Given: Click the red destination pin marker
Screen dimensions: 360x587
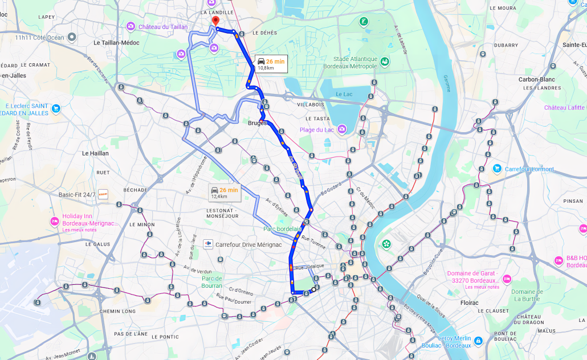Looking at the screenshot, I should point(215,21).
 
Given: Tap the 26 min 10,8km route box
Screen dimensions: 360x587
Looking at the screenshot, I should point(270,64).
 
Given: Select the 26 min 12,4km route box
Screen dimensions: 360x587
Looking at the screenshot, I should point(225,193).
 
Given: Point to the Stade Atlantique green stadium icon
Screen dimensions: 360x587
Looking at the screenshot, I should point(385,62).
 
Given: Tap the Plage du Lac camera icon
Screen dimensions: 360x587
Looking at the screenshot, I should point(341,130).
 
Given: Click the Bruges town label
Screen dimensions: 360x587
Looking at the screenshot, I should point(258,122).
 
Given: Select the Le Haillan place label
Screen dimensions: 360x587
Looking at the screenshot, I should point(95,153).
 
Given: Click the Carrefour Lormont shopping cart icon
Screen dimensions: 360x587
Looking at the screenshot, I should point(497,169).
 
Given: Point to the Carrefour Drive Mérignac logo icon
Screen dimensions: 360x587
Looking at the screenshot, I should point(208,244).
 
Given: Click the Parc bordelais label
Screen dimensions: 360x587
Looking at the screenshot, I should point(282,229).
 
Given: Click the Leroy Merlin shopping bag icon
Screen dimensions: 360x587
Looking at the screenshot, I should point(478,341).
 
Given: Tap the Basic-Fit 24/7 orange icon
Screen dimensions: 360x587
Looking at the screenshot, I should point(103,194).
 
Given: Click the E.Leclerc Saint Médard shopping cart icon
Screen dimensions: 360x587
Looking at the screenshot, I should point(55,108).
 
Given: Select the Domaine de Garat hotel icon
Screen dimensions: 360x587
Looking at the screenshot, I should point(507,279).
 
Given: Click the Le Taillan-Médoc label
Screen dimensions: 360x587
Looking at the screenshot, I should point(116,43).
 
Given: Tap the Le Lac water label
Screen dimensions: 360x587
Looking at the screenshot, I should point(344,94).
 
